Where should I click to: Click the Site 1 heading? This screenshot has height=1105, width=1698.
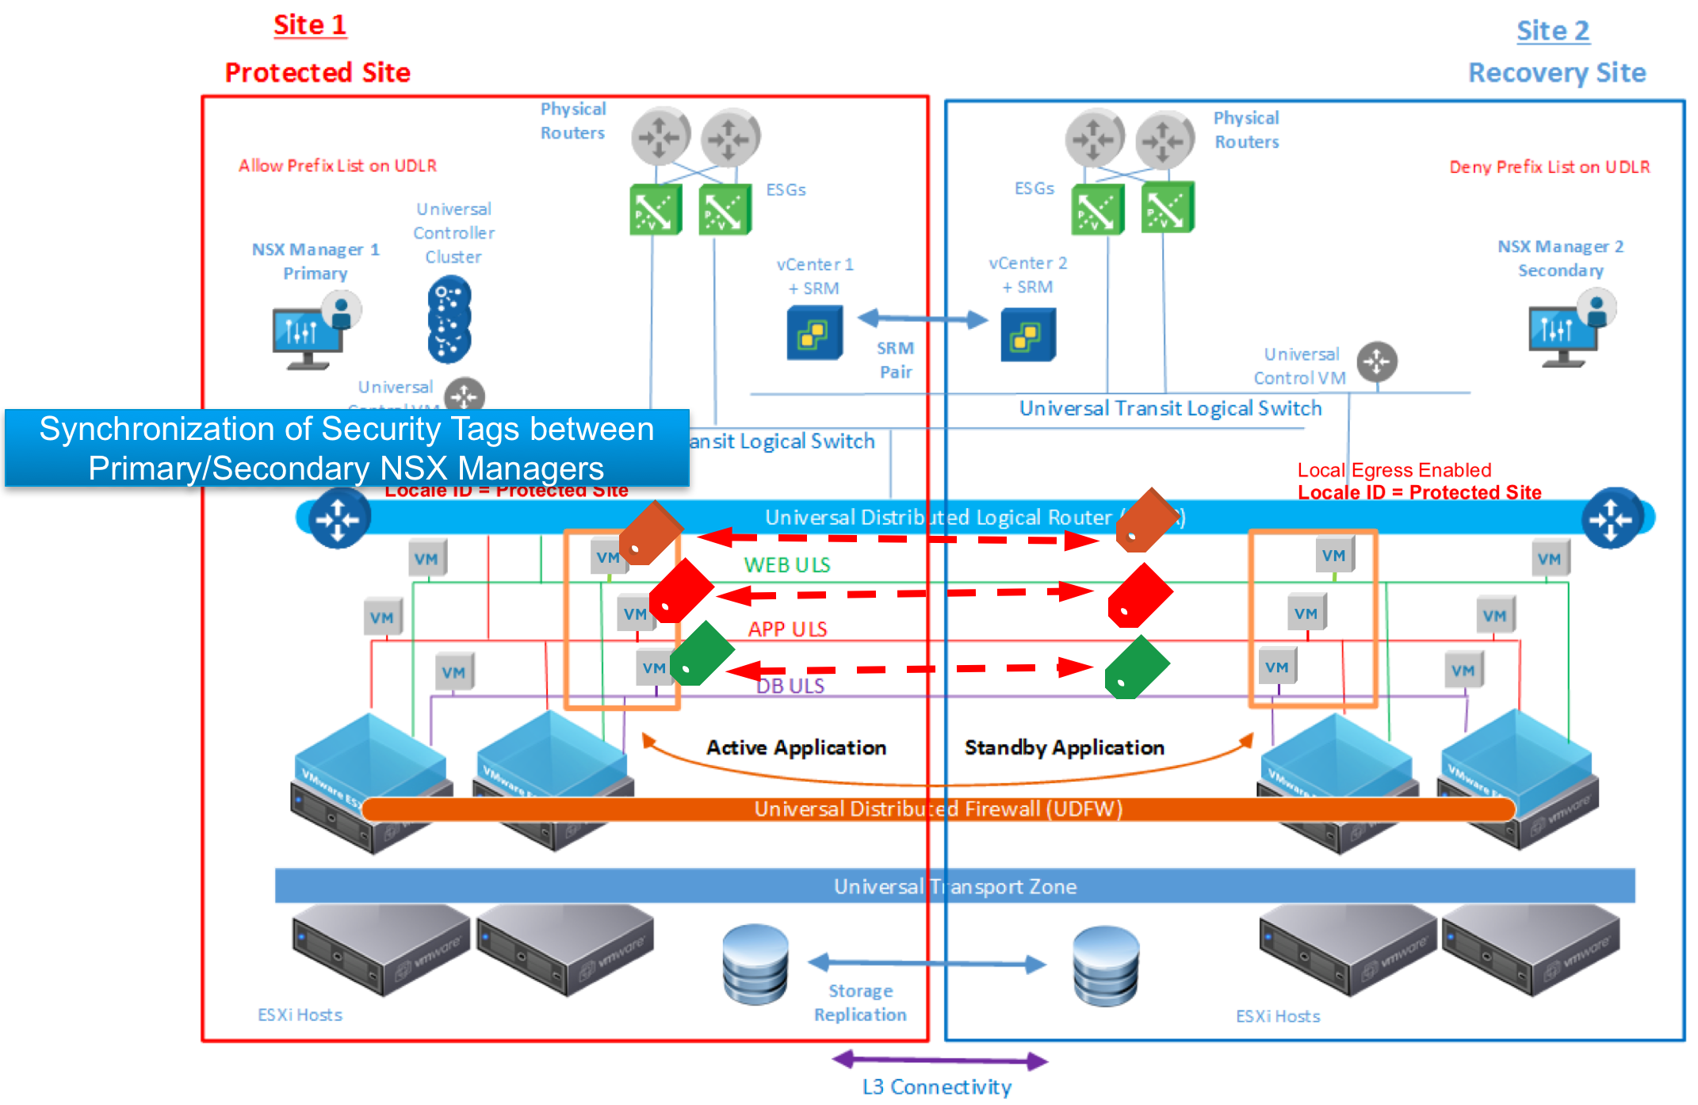tap(310, 25)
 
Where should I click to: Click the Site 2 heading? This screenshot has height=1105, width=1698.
tap(1552, 31)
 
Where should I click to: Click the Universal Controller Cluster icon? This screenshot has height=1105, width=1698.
tap(449, 319)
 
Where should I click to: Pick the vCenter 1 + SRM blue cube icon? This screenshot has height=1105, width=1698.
tap(814, 334)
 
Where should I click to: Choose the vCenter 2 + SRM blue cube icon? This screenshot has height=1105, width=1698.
tap(1027, 335)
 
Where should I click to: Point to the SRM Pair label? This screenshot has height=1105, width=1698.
tap(896, 360)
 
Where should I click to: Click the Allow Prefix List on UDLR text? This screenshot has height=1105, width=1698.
tap(338, 166)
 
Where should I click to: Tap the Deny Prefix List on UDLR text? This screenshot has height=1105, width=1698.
tap(1549, 167)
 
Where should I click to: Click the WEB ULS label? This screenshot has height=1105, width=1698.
tap(786, 565)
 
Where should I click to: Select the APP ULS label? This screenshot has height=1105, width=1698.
tap(787, 629)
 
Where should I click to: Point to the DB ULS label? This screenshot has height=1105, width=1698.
tap(790, 686)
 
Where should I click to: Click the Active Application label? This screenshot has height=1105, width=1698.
tap(796, 747)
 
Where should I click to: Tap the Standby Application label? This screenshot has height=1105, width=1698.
tap(1064, 747)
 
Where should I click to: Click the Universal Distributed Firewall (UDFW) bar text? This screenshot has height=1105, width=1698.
tap(938, 809)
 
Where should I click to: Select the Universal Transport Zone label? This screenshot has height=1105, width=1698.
tap(954, 886)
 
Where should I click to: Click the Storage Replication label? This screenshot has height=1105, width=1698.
tap(860, 1003)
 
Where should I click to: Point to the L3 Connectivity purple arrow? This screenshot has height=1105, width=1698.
tap(940, 1060)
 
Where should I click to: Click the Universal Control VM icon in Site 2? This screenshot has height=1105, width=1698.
tap(1377, 362)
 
